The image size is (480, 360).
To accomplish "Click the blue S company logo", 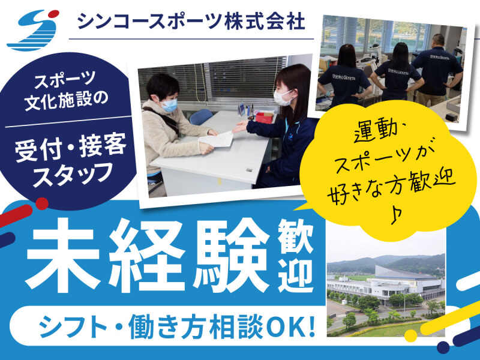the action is coord(33,30).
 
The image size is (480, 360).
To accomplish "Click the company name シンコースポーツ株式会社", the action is coord(191,22).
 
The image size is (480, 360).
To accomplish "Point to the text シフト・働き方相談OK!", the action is coord(177,325).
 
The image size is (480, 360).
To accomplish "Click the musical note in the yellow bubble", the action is coord(396,215).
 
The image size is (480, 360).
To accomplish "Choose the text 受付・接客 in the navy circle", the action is coord(71,147).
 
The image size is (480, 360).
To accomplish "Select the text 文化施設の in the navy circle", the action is coord(67,100).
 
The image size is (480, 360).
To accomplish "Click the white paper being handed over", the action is coord(217,140).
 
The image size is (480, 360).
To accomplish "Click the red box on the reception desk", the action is coord(264,117).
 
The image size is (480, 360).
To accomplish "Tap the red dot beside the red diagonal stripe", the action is coord(42,203).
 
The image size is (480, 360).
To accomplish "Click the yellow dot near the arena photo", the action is coord(410,335).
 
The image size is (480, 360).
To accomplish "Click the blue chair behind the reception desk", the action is coord(201,116).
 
